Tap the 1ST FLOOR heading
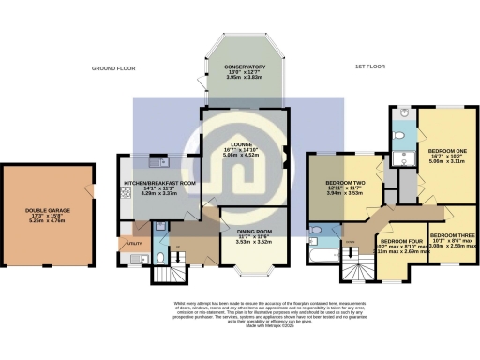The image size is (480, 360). pos(370,68)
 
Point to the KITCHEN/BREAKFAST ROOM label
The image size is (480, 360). pos(159,184)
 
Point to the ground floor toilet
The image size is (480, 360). pos(160,255)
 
